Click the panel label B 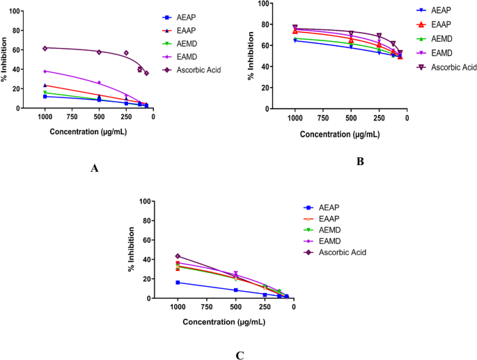(361, 161)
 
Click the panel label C (240, 354)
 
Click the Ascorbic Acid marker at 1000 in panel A (45, 48)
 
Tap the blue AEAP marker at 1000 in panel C (178, 283)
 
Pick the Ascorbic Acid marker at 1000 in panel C (178, 256)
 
